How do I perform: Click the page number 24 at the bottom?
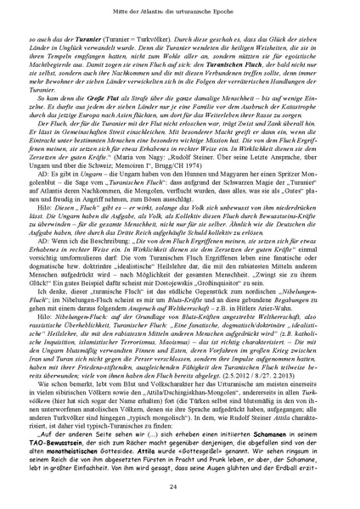click(180, 485)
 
